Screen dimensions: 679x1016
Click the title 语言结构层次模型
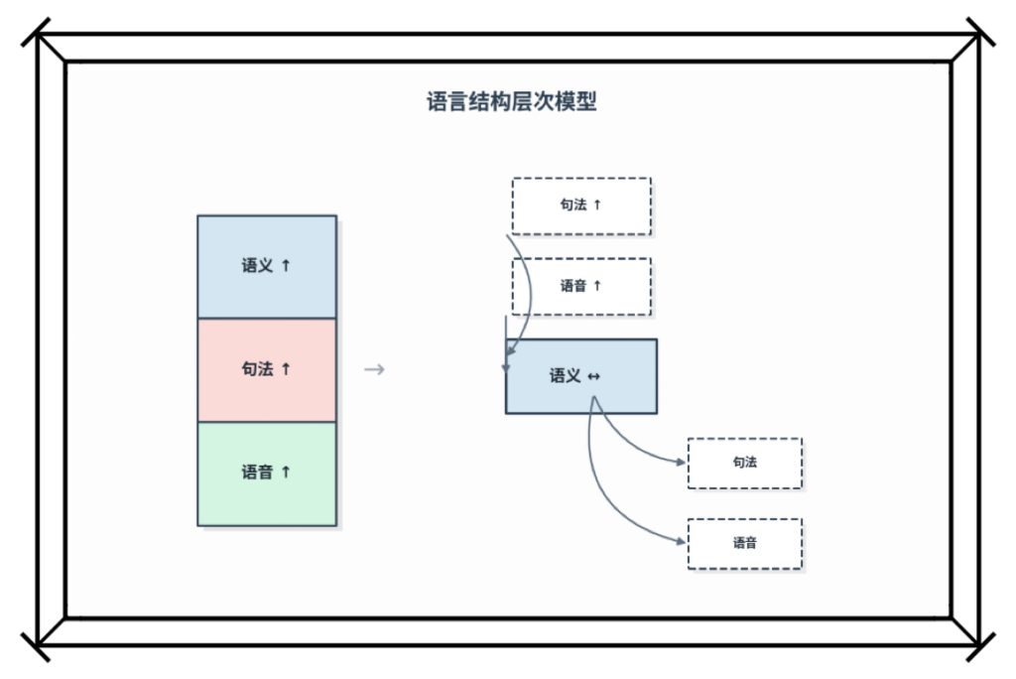tap(511, 102)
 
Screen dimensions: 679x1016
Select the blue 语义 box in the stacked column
tap(267, 266)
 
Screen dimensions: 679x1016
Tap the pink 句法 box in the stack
tap(267, 369)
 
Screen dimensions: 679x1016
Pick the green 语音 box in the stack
tap(267, 473)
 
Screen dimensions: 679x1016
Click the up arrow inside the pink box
tap(287, 369)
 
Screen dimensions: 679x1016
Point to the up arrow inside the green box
tap(287, 473)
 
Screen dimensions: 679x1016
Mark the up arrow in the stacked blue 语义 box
tap(287, 266)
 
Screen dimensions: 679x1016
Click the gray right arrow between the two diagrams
tap(374, 370)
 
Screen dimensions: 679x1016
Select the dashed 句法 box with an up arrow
tap(580, 205)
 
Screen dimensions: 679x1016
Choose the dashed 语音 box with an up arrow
tap(580, 286)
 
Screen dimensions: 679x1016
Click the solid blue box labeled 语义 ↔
tap(580, 375)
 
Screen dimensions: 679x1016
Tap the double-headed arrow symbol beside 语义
tap(594, 376)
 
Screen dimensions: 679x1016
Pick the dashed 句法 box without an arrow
tap(744, 463)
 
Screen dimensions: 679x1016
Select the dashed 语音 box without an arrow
tap(744, 543)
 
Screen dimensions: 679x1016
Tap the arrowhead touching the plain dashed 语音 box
tap(682, 542)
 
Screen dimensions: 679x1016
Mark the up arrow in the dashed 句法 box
tap(597, 205)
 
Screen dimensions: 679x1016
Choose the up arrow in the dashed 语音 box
tap(597, 286)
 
